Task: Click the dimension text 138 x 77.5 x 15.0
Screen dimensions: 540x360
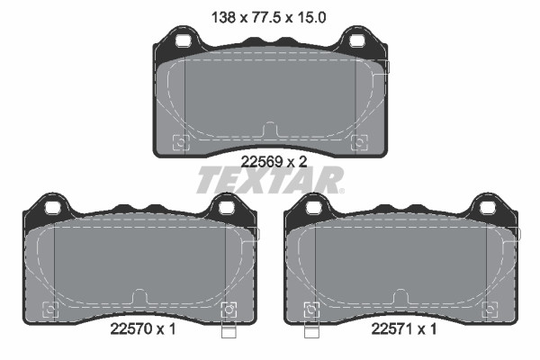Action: [x=268, y=17]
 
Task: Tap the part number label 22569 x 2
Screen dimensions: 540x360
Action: [x=274, y=161]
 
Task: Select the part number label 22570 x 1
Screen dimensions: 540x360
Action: [x=143, y=329]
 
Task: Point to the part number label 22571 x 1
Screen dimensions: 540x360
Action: [x=403, y=329]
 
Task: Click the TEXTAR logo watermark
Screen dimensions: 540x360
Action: [x=270, y=180]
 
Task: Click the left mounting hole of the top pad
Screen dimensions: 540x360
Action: [x=183, y=40]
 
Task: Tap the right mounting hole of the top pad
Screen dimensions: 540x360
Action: [x=356, y=40]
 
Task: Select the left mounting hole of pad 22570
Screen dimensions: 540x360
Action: [x=52, y=208]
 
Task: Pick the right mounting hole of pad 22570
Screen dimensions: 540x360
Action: [x=226, y=208]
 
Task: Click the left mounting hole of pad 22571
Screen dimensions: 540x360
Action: [x=313, y=208]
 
